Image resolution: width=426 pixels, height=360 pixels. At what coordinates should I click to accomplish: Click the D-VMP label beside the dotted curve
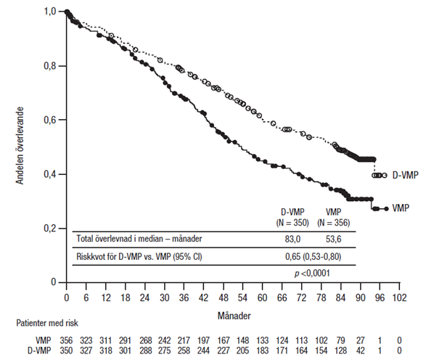[406, 175]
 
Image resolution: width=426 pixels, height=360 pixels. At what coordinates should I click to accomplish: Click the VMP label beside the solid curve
[401, 208]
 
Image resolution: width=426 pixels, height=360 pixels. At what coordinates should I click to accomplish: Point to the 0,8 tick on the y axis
[62, 66]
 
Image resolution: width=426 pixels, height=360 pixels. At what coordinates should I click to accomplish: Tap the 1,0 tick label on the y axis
[50, 11]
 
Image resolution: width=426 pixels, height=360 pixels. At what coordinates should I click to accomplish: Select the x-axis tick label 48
[224, 298]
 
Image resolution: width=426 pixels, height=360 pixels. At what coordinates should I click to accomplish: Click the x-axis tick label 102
[399, 298]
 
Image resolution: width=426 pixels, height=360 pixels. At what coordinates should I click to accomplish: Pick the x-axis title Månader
[234, 316]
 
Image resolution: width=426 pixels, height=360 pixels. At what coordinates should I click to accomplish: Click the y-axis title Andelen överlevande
[20, 146]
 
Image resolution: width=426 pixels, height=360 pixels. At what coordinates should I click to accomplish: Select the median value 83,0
[292, 239]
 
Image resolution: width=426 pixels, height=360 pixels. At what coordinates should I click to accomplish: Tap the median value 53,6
[333, 239]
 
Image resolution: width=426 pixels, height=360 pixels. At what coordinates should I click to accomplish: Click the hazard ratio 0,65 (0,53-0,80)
[313, 256]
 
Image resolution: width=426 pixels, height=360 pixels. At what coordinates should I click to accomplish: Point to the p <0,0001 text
[312, 273]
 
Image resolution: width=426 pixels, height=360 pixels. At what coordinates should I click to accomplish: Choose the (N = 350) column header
[292, 223]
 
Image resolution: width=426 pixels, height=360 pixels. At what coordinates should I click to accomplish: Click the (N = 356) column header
[333, 223]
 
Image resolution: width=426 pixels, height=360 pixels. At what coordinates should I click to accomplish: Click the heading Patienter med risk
[47, 323]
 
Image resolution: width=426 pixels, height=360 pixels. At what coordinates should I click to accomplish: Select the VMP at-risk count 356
[66, 340]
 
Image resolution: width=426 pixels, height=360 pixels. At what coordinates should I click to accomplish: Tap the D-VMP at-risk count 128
[340, 351]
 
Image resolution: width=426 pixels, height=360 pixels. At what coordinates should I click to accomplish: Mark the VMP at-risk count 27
[360, 340]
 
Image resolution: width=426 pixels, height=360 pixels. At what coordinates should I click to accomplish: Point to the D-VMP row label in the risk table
[39, 351]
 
